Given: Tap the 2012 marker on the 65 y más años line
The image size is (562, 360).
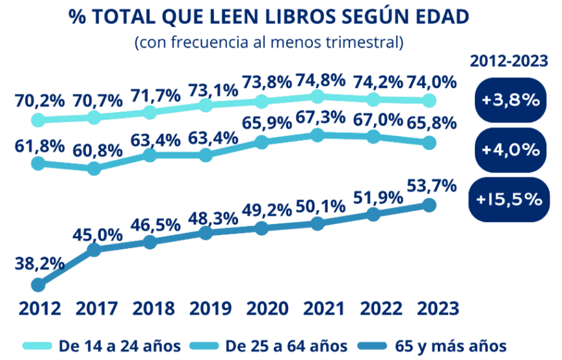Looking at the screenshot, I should [x=38, y=285].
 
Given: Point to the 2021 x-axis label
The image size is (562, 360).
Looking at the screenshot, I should [x=317, y=308].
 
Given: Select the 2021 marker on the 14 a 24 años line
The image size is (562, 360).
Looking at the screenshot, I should [x=317, y=97].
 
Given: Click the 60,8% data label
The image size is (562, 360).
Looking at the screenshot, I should [x=96, y=150].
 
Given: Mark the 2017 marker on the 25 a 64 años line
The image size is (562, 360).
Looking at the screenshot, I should [x=94, y=168].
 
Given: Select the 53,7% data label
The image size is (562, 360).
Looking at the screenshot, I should [x=429, y=187].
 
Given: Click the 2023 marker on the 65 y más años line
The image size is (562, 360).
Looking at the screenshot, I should [x=429, y=205].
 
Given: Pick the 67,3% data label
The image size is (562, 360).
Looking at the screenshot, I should [x=317, y=118].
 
